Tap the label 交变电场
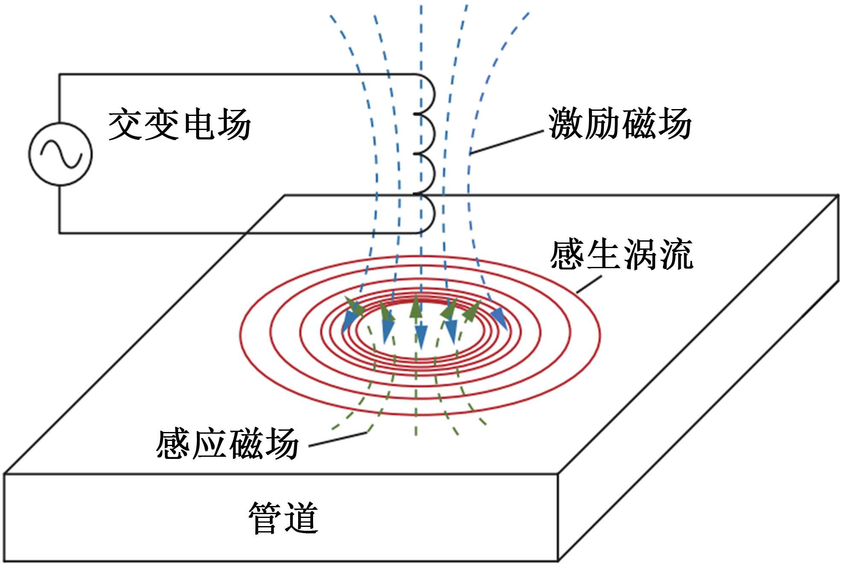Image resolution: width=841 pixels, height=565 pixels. point(179,124)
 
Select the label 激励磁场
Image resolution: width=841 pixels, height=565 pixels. point(620,124)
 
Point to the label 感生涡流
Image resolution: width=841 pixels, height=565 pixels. point(621,255)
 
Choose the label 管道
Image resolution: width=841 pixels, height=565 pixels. point(284,518)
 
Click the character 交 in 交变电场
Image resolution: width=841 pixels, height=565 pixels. point(125,124)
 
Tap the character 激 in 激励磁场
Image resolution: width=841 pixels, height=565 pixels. point(566,124)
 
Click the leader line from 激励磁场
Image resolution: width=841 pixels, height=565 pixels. point(506,142)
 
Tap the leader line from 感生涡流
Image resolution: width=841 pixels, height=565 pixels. point(589,284)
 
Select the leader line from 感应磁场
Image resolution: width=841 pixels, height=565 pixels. point(337,440)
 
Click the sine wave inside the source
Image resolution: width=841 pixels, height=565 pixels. point(61,154)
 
